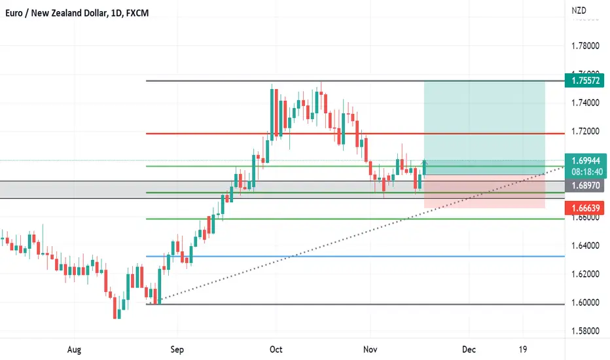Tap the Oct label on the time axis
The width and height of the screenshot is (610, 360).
(276, 350)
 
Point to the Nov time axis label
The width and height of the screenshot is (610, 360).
(370, 350)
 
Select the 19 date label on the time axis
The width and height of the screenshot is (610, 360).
(524, 350)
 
